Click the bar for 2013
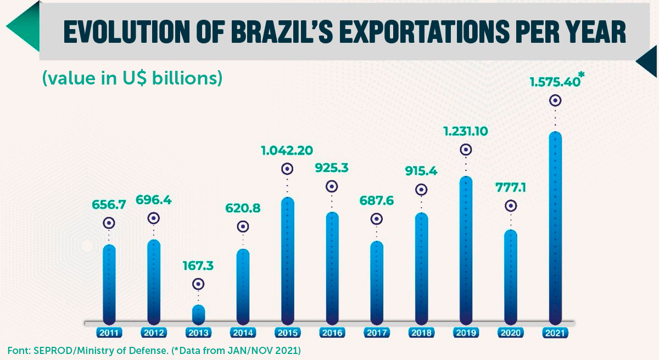pyautogui.click(x=198, y=314)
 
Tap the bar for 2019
pyautogui.click(x=465, y=250)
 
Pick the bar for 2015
pyautogui.click(x=287, y=261)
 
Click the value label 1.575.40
pyautogui.click(x=555, y=82)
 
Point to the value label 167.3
pyautogui.click(x=198, y=266)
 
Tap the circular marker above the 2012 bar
pyautogui.click(x=154, y=218)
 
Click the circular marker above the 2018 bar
pyautogui.click(x=421, y=189)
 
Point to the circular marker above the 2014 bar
pyautogui.click(x=242, y=227)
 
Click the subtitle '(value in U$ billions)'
pyautogui.click(x=132, y=78)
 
